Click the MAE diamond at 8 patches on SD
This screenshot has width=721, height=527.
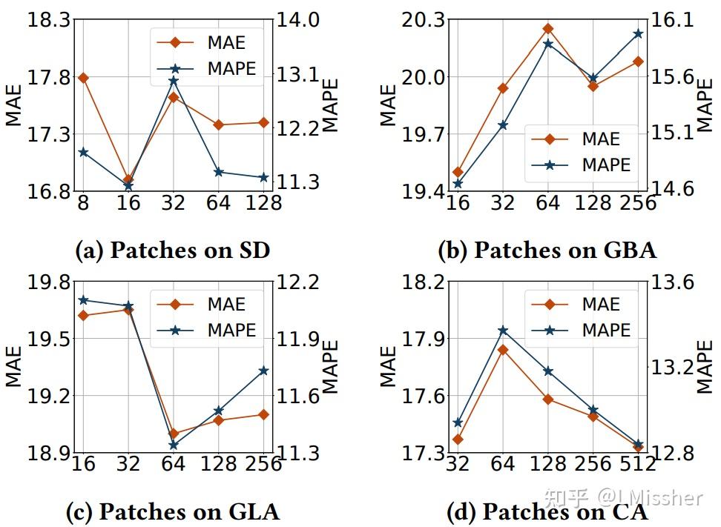tap(83, 78)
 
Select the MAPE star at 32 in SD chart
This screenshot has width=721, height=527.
tap(174, 80)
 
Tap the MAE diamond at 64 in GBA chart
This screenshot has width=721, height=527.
tap(548, 29)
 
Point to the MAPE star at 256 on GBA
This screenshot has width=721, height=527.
tap(638, 34)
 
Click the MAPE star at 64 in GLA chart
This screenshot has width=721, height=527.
tap(174, 445)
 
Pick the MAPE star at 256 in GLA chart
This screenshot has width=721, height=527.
tap(263, 371)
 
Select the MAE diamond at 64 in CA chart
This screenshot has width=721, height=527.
tap(503, 350)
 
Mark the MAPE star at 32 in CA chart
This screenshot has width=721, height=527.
tap(458, 423)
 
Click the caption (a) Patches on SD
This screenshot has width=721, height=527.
tap(173, 250)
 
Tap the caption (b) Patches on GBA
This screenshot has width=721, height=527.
tap(547, 250)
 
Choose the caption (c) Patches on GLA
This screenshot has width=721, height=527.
tap(173, 511)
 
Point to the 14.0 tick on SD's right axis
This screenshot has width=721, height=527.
tap(300, 20)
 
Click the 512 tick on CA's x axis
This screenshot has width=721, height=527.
tap(638, 464)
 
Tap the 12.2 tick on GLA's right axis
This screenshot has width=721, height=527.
tap(300, 282)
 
